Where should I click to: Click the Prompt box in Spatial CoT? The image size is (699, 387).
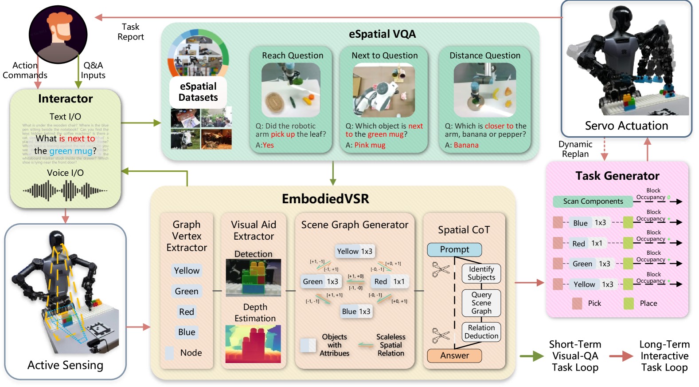[x=454, y=249]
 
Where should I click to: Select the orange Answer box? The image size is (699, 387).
[x=454, y=355]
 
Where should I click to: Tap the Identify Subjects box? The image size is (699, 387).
[x=481, y=273]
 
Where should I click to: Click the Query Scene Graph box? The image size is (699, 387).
[x=481, y=303]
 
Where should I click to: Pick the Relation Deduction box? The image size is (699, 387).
[x=481, y=332]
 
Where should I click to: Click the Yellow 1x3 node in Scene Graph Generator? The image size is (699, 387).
[x=355, y=251]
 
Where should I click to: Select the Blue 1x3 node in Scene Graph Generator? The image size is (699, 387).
[x=356, y=312]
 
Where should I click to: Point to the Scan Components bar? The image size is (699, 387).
[x=593, y=201]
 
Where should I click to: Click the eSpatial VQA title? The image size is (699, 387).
[x=382, y=34]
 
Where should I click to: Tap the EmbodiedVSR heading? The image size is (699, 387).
[x=325, y=198]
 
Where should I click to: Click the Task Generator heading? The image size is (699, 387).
[x=617, y=176]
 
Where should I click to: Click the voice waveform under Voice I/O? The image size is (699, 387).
[x=65, y=191]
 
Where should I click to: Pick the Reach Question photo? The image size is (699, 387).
[x=291, y=90]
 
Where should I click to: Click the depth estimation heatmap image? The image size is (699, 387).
[x=253, y=344]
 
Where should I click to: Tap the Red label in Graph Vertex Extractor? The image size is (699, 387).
[x=187, y=312]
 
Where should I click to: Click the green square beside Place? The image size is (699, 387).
[x=629, y=304]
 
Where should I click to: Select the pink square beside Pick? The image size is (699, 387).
[x=577, y=304]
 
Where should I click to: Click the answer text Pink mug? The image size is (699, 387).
[x=370, y=145]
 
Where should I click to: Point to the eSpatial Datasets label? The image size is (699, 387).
[x=198, y=92]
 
